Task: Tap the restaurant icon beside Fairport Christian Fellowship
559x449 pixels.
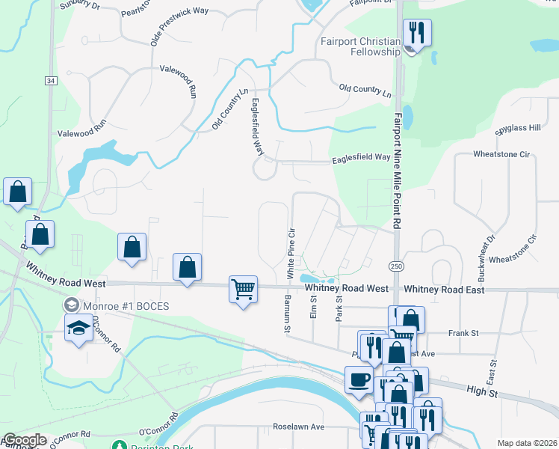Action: [x=416, y=33]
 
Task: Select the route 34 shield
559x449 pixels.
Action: [x=50, y=80]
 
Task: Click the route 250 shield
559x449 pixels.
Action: [x=395, y=266]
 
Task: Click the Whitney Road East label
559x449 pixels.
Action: [x=444, y=290]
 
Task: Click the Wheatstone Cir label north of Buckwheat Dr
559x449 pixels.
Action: [x=501, y=154]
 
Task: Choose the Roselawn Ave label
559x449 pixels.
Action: [x=298, y=427]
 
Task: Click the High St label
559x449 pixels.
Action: [x=481, y=391]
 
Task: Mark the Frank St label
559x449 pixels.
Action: [x=457, y=332]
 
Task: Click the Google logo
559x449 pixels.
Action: [x=24, y=440]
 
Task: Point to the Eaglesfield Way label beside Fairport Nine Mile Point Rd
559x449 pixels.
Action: [x=361, y=158]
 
